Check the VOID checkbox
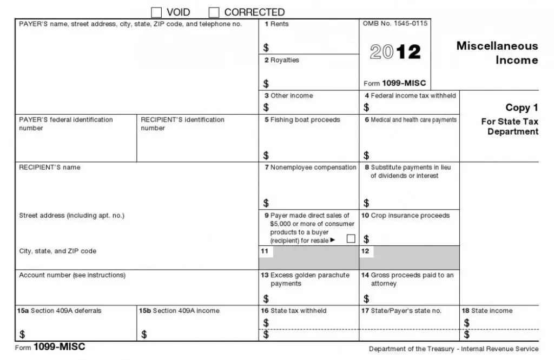pyautogui.click(x=156, y=12)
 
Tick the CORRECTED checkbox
pyautogui.click(x=214, y=12)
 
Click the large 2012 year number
pyautogui.click(x=395, y=52)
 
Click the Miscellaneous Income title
pyautogui.click(x=497, y=52)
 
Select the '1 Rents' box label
pyautogui.click(x=276, y=24)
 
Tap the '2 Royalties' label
pyautogui.click(x=281, y=60)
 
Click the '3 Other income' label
pyautogui.click(x=288, y=96)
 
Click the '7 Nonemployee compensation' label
pyautogui.click(x=310, y=168)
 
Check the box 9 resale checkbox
pyautogui.click(x=351, y=238)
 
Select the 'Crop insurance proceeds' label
pyautogui.click(x=405, y=216)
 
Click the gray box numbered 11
pyautogui.click(x=308, y=257)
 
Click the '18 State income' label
pyautogui.click(x=486, y=311)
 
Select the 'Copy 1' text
pyautogui.click(x=522, y=108)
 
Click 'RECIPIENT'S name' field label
pyautogui.click(x=49, y=168)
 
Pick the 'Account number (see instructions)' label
pyautogui.click(x=72, y=275)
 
